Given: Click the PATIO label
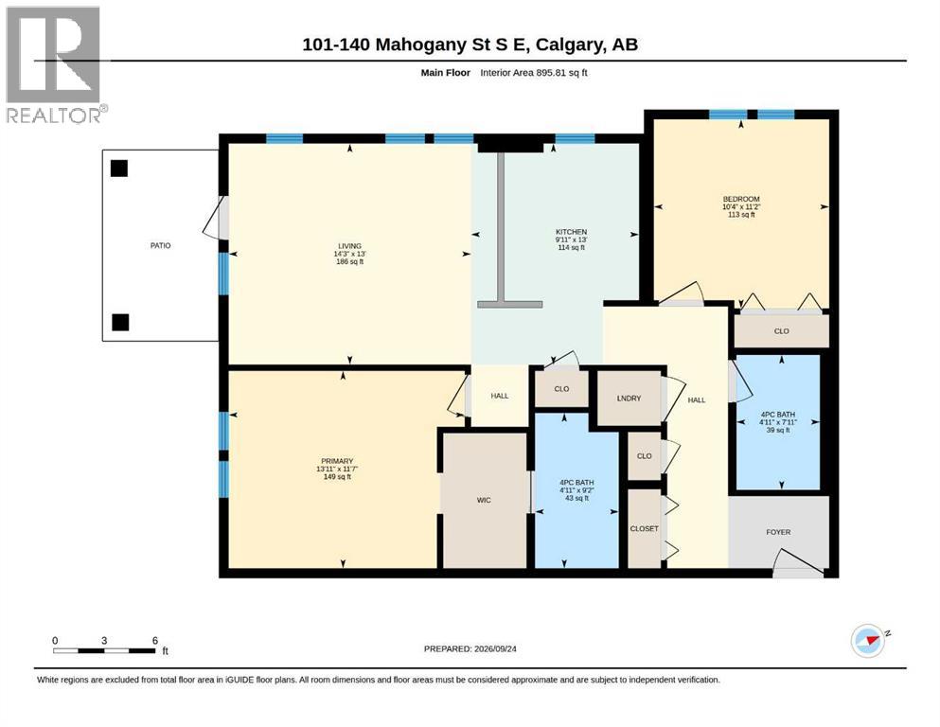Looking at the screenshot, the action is (x=160, y=246).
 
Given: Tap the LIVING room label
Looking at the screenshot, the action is (x=349, y=246).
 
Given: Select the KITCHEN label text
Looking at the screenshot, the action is (x=572, y=232).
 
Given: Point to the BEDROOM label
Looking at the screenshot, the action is (x=741, y=199).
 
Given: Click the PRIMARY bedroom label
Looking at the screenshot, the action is (x=337, y=462).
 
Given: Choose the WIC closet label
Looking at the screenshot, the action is (x=484, y=500).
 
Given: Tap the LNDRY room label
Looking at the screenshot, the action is (x=629, y=399).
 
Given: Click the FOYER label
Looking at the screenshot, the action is (x=778, y=532).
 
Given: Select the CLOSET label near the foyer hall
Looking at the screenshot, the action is (x=645, y=528).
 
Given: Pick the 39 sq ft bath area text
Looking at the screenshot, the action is (x=777, y=430).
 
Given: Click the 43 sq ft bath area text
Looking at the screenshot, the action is (x=576, y=498).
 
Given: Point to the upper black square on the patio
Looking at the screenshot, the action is (x=119, y=168).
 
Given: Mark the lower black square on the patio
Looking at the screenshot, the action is (x=120, y=323).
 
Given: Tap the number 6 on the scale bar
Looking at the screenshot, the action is (x=154, y=641).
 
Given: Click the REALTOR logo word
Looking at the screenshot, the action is (x=54, y=115).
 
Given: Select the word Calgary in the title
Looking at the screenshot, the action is (x=570, y=44).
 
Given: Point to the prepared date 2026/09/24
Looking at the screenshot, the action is (x=495, y=649).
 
